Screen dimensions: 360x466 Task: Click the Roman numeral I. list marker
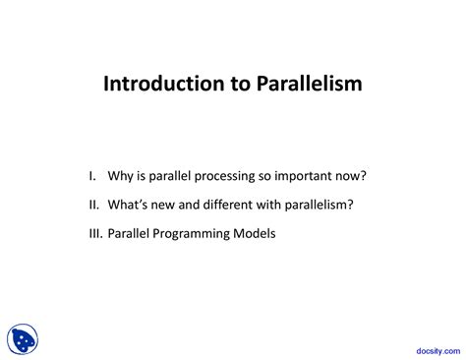tap(92, 177)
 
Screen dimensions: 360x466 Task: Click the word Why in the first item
tap(123, 177)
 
